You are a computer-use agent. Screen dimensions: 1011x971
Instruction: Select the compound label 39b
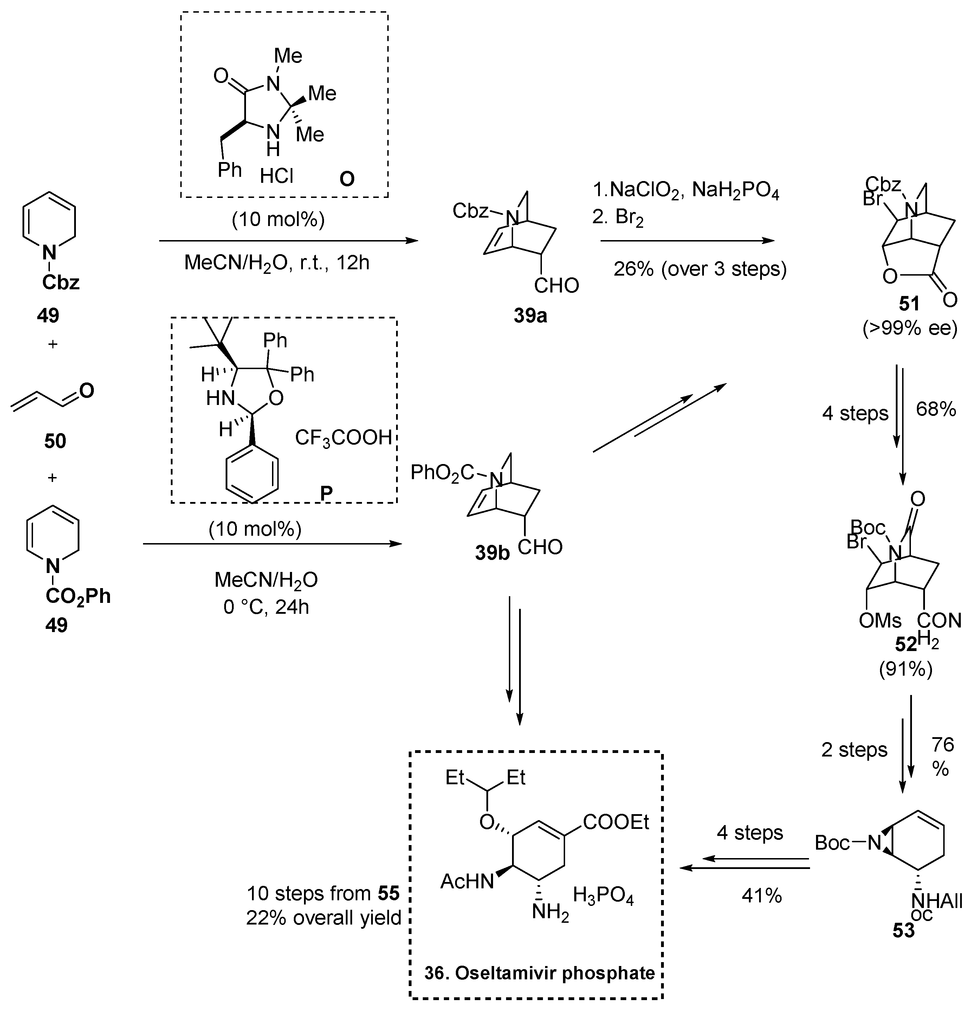492,553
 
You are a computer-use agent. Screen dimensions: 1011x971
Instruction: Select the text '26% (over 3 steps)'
700,269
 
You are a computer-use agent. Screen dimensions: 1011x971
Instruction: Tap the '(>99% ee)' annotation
909,328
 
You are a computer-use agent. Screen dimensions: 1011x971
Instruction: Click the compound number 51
909,304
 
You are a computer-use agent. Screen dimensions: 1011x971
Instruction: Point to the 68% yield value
936,409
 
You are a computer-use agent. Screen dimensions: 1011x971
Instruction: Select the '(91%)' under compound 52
906,669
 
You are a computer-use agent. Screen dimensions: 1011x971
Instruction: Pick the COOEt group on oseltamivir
616,822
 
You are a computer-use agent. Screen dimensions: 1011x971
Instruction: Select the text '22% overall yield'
323,917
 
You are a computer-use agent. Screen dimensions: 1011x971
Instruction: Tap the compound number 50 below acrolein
55,441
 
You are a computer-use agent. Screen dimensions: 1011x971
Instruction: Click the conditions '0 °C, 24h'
266,607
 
